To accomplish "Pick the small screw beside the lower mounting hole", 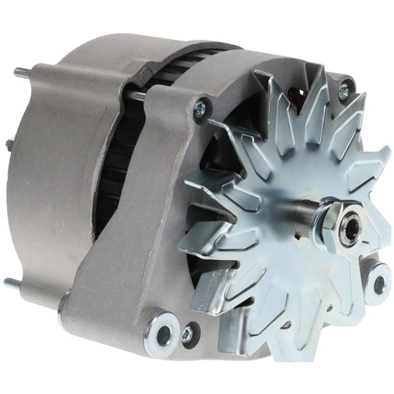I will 187,334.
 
